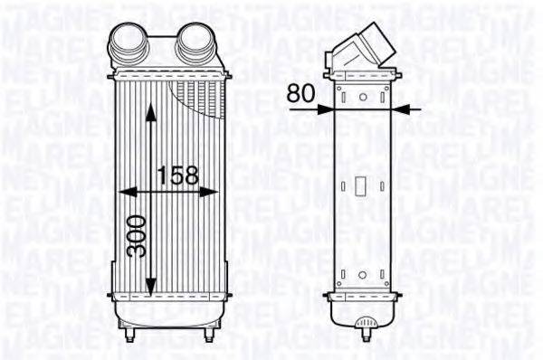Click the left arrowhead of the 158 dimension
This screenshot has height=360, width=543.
coord(125,192)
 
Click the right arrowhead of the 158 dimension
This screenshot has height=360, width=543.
coord(214,192)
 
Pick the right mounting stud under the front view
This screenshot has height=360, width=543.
coord(208,336)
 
